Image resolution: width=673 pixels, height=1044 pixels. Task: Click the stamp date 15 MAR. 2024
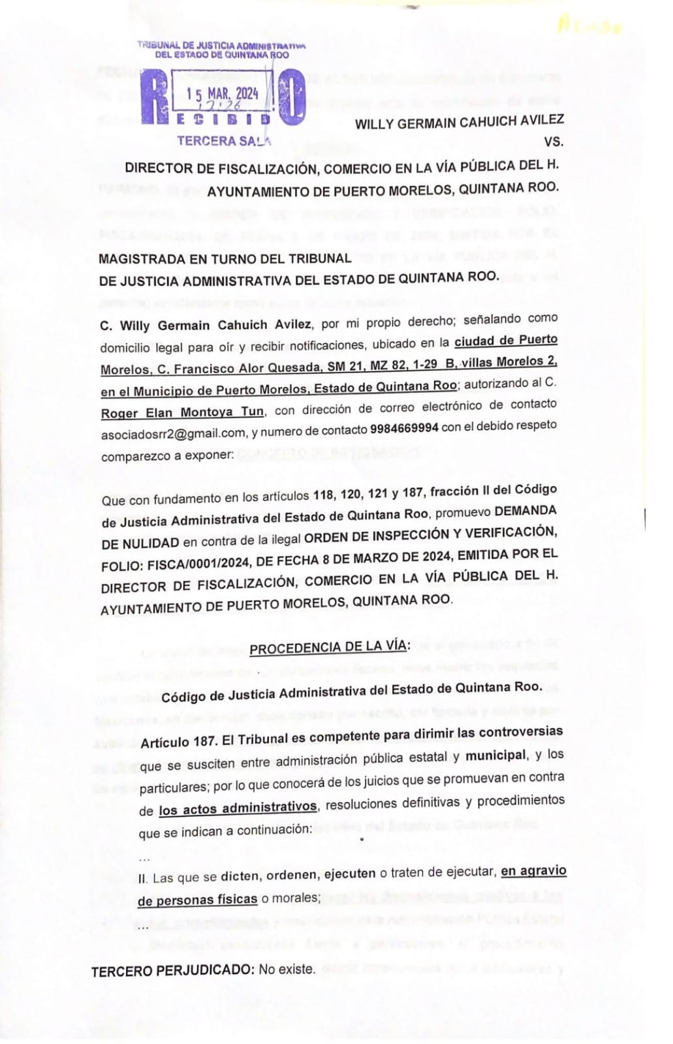(x=222, y=93)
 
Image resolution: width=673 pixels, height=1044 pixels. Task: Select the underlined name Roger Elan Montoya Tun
(x=182, y=412)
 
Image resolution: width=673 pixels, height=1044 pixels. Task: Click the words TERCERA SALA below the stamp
(x=224, y=140)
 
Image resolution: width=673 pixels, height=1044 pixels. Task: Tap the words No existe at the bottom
(x=287, y=970)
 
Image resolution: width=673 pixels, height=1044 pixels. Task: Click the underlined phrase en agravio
(x=533, y=871)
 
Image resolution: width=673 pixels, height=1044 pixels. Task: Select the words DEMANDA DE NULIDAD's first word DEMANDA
(x=525, y=512)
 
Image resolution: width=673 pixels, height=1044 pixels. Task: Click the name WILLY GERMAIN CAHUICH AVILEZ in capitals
(x=459, y=122)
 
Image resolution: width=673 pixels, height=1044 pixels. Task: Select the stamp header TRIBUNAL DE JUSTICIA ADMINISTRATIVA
(x=222, y=46)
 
